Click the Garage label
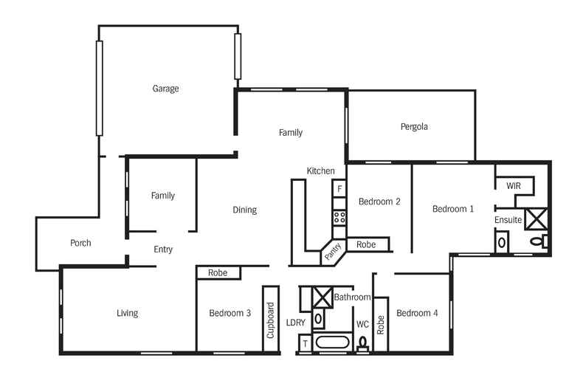[165, 89]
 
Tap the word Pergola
[414, 126]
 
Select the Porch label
[80, 243]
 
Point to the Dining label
[244, 210]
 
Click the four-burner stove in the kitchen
[339, 217]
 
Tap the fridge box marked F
[339, 189]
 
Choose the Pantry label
[333, 252]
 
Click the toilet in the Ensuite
[543, 241]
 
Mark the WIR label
[514, 186]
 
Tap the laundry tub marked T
[305, 344]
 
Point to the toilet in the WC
[362, 344]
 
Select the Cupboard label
[271, 320]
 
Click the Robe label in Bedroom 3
[218, 272]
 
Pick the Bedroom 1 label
[453, 209]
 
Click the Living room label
[127, 313]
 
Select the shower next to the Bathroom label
[322, 297]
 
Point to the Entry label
[163, 249]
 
